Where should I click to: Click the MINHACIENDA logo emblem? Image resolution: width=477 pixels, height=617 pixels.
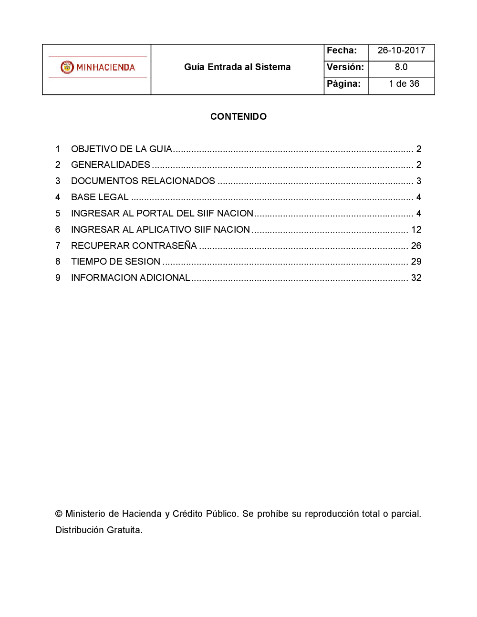tap(67, 67)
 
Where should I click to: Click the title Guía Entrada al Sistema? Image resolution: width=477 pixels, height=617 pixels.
tap(237, 67)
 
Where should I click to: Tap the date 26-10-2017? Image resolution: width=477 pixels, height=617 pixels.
tap(401, 51)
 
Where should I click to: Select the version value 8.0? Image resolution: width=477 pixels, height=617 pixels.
tap(401, 67)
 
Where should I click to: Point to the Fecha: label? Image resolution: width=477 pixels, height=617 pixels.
tap(342, 51)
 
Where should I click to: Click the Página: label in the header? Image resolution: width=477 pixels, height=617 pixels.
tap(343, 84)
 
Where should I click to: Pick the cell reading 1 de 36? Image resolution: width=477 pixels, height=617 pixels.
tap(404, 84)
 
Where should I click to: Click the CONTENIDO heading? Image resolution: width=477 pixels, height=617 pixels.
tap(238, 117)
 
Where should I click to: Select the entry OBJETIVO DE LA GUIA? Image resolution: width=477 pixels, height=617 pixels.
tap(121, 149)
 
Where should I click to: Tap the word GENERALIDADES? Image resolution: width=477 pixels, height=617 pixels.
tap(111, 165)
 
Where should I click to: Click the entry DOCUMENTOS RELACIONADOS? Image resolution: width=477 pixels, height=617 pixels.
tap(143, 181)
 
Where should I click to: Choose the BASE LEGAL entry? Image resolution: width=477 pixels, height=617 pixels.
tap(100, 197)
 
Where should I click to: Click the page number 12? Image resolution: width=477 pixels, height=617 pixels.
tap(416, 230)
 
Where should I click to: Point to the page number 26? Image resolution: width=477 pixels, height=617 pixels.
tap(416, 246)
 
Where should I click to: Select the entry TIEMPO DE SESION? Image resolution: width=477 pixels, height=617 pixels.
tap(115, 262)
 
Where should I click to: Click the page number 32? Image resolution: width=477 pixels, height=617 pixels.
tap(416, 278)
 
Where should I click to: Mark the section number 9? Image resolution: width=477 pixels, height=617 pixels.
tap(58, 278)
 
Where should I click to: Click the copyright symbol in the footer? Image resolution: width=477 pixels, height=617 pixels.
tap(59, 514)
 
